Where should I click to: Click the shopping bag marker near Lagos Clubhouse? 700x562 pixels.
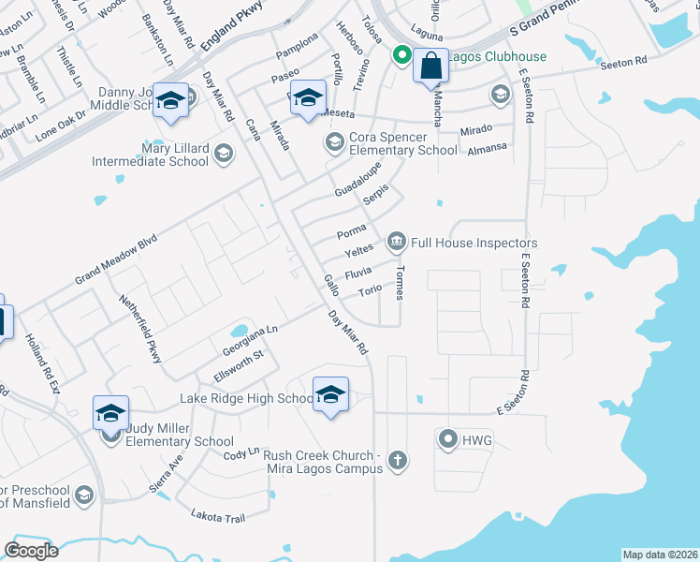pos(430,67)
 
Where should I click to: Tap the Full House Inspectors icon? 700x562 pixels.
pos(396,244)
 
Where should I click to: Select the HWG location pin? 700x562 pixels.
pos(448,438)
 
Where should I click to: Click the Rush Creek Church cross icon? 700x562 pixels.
pos(398,460)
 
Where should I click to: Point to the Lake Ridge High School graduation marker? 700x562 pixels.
pos(330,394)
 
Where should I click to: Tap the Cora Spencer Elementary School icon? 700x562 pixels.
pos(332,142)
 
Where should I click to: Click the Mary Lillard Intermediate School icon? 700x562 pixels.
pos(223,154)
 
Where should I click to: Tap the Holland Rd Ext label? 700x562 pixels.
pos(42,366)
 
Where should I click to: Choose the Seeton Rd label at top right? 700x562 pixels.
pos(624,62)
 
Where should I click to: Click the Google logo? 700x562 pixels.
pos(32,550)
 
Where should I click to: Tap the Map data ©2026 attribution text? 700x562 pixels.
pos(660,554)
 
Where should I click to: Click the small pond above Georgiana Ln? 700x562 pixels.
pos(240,331)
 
